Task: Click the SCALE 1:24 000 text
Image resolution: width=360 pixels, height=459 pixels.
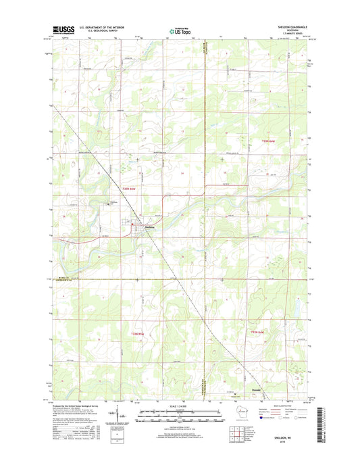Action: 180,406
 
